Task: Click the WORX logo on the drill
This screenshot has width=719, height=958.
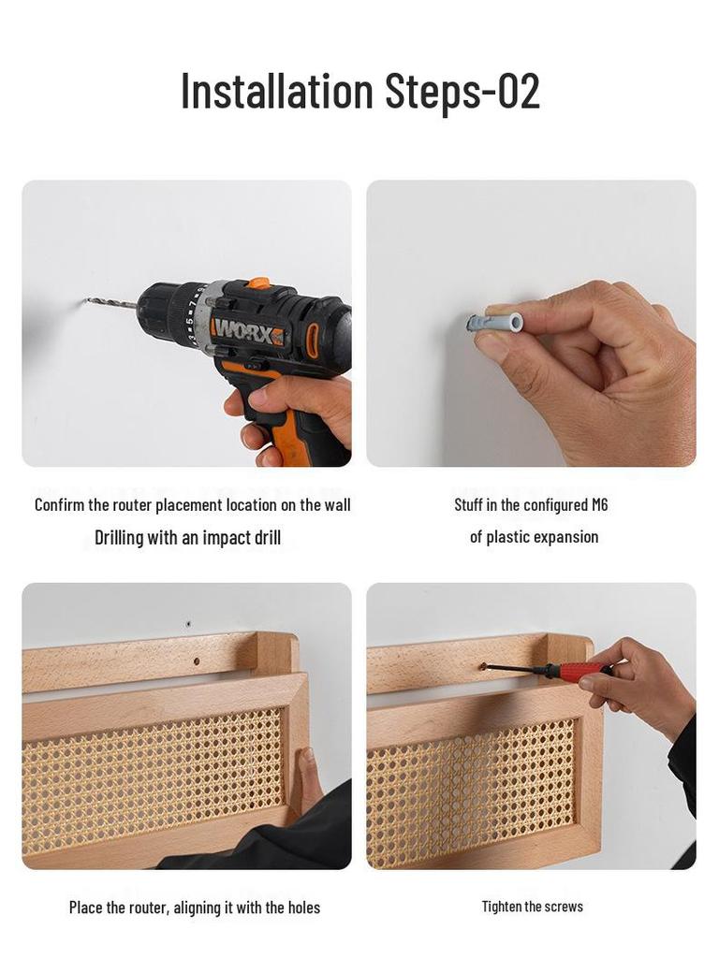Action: coord(247,330)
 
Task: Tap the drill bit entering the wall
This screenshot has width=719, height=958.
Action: coord(110,303)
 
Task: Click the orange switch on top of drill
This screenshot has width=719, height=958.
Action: coord(257,283)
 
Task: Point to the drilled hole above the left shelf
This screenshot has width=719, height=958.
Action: coord(188,623)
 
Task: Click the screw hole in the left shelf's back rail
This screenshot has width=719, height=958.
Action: coord(196,661)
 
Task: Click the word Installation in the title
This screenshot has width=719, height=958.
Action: coord(276,91)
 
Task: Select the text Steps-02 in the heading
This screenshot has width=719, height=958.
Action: coord(462,91)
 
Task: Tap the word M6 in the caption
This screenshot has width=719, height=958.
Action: coord(599,504)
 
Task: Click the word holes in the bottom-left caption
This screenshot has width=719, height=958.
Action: coord(299,907)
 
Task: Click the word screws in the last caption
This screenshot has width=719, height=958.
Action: coord(564,906)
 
